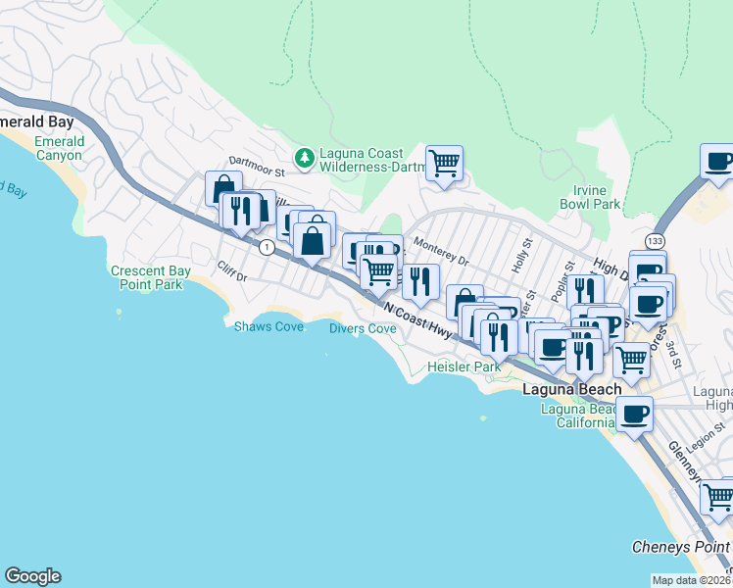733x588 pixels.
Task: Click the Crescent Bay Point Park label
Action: pyautogui.click(x=147, y=277)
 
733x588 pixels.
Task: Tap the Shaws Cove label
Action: pyautogui.click(x=269, y=326)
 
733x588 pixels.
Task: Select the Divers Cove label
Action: pyautogui.click(x=363, y=329)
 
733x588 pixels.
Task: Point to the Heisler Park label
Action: pyautogui.click(x=464, y=367)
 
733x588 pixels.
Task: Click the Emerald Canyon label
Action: pyautogui.click(x=59, y=148)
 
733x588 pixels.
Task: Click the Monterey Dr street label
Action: pyautogui.click(x=441, y=252)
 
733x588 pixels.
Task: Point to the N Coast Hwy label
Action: pyautogui.click(x=419, y=319)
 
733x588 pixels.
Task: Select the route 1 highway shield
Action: pyautogui.click(x=266, y=248)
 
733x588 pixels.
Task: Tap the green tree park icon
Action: pyautogui.click(x=305, y=156)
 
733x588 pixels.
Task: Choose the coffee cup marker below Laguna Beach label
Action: pyautogui.click(x=634, y=415)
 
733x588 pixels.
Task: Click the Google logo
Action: pyautogui.click(x=32, y=576)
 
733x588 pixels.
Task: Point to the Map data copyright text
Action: pyautogui.click(x=692, y=580)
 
